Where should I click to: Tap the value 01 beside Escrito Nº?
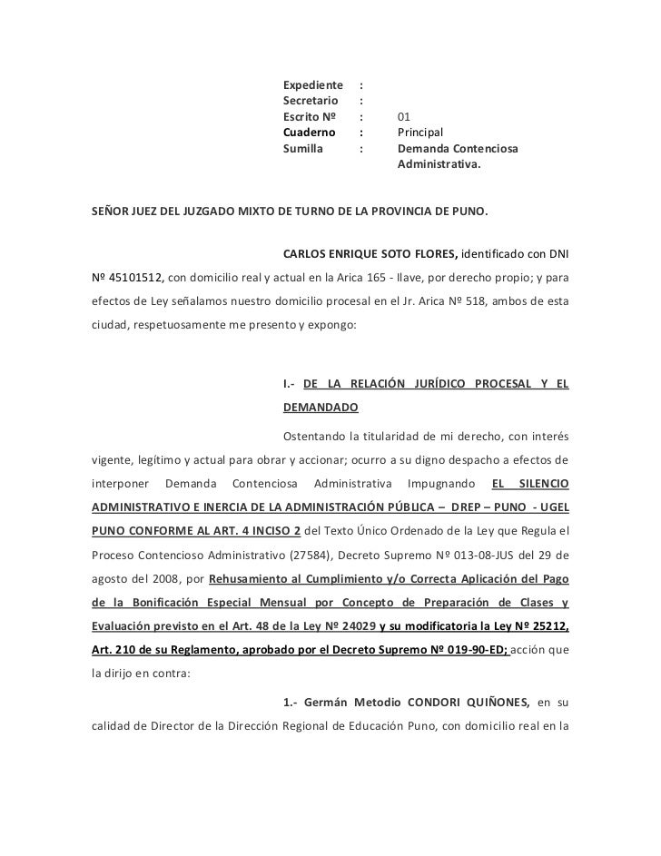click(404, 117)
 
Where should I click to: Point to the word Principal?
click(419, 133)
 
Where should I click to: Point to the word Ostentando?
click(314, 432)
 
